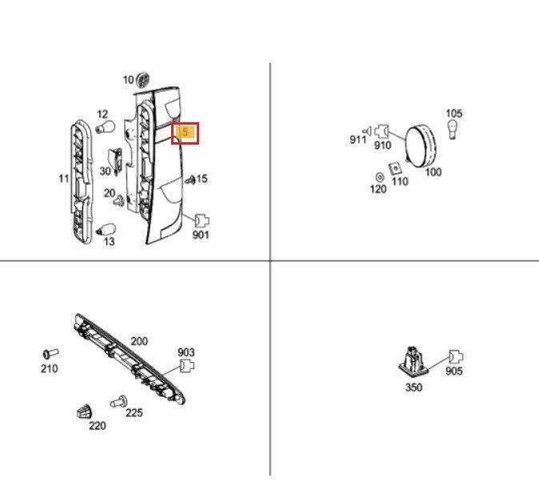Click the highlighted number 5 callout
(x=185, y=133)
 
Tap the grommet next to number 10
(x=142, y=81)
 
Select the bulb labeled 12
(x=105, y=127)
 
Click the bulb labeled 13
(x=106, y=229)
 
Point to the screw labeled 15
(x=190, y=179)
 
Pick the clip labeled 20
(x=118, y=201)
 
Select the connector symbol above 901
(x=202, y=221)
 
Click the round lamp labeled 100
(x=421, y=146)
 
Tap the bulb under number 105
(x=453, y=129)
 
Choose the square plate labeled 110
(x=395, y=169)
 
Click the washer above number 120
(x=380, y=177)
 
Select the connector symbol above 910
(x=381, y=131)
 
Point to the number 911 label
(x=357, y=140)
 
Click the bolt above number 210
(x=50, y=354)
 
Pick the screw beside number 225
(x=118, y=401)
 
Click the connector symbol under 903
(x=187, y=365)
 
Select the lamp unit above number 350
(x=413, y=361)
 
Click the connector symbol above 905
(x=456, y=357)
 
